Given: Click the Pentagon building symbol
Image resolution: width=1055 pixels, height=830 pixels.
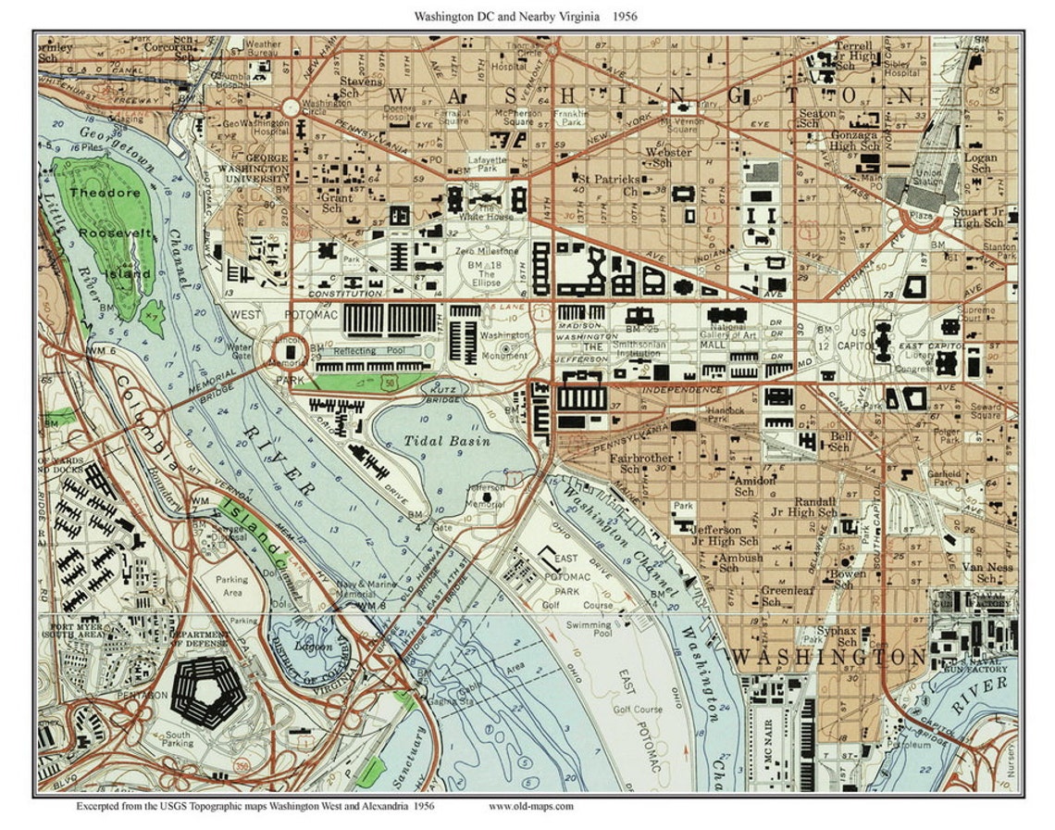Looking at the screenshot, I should (208, 694).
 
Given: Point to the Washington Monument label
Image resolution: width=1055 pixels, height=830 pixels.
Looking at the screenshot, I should (505, 345).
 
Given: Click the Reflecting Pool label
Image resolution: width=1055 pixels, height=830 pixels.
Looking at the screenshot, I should (367, 351).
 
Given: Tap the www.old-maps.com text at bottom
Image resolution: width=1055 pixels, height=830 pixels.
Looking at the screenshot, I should (530, 806).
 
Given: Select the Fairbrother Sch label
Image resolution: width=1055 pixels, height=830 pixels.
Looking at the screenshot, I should (640, 464).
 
